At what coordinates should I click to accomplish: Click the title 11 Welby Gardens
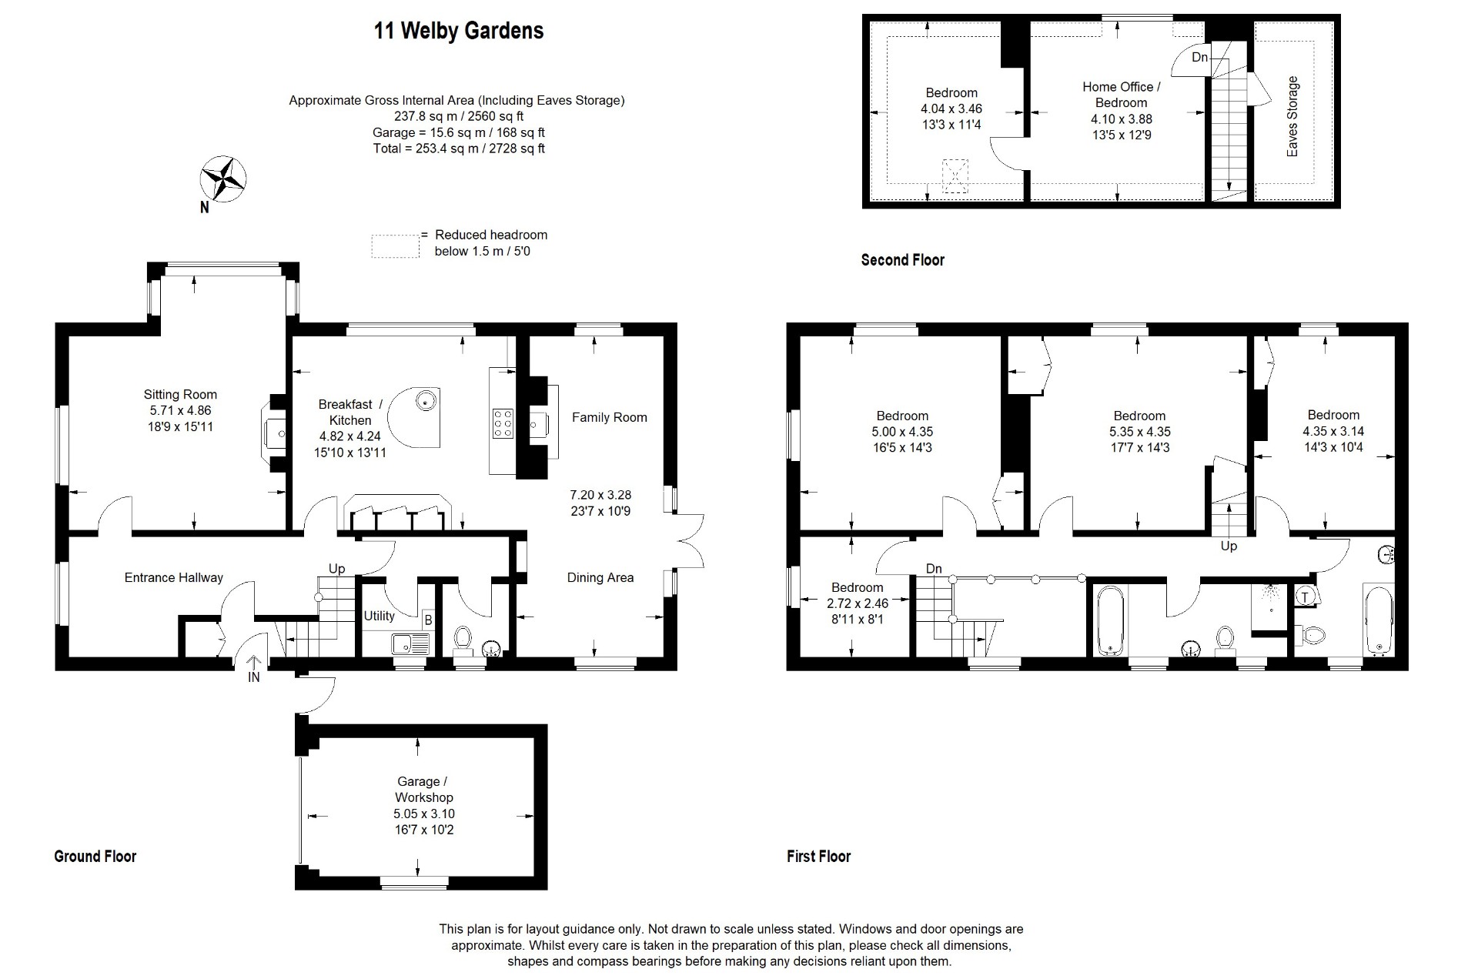[x=459, y=31]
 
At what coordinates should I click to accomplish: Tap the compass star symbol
[x=222, y=179]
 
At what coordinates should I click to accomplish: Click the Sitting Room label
[x=180, y=395]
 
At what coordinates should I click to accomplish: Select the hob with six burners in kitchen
[x=503, y=423]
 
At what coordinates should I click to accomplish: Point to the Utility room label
[x=379, y=616]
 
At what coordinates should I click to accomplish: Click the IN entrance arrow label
[x=254, y=677]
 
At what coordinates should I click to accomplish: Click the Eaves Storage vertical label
[x=1292, y=116]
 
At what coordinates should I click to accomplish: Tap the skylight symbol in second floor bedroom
[x=955, y=176]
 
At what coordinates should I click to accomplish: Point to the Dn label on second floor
[x=1199, y=58]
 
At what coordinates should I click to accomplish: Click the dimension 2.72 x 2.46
[x=858, y=603]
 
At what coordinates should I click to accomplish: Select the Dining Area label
[x=600, y=577]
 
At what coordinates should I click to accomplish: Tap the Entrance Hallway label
[x=174, y=577]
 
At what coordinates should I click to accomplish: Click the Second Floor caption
[x=902, y=260]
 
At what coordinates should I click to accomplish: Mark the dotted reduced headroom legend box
[x=395, y=246]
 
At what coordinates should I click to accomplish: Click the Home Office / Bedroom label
[x=1121, y=95]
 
